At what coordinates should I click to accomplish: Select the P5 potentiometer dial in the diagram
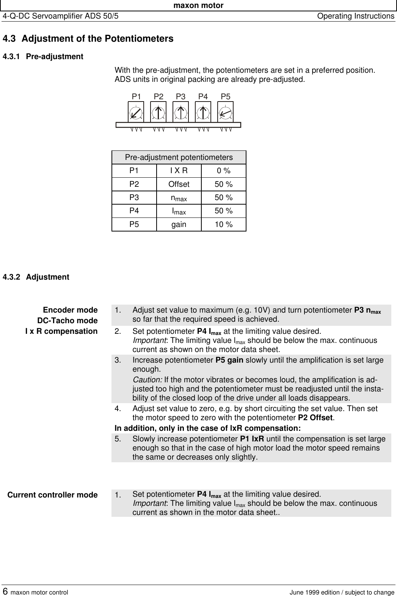226,113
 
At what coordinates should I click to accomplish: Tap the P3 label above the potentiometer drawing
181,97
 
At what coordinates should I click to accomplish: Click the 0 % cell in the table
224,171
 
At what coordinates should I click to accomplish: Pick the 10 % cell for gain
224,225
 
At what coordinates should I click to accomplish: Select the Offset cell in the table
179,185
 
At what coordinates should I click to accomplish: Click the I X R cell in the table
179,171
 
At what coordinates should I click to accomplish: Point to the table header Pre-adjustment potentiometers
179,157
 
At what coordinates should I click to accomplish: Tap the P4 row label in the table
134,211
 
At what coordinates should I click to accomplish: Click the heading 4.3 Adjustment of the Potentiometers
88,39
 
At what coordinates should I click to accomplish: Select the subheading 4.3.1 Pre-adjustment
43,57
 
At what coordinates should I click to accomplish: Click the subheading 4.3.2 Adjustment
36,277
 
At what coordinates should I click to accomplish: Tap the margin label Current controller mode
53,495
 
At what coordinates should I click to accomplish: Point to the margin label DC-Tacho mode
67,321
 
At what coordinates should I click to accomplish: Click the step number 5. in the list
119,439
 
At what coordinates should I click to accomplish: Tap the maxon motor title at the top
198,5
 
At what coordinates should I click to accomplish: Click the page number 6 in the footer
5,591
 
